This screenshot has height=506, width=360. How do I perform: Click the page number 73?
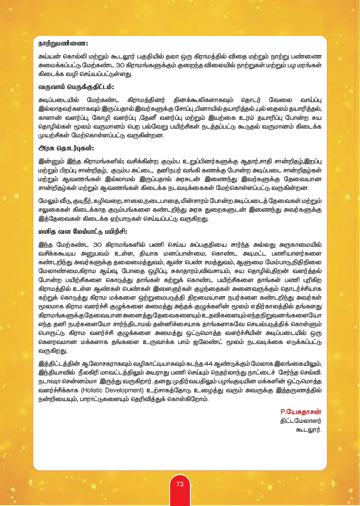pos(180,484)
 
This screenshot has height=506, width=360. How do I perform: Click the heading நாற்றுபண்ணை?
pos(63,44)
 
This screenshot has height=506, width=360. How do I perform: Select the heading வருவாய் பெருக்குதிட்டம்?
pos(76,87)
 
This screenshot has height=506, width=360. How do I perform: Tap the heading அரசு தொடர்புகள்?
pos(66,148)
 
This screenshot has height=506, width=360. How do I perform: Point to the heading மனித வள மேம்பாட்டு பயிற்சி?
pos(83,232)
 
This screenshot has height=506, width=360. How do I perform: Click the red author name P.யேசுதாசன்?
pos(301,412)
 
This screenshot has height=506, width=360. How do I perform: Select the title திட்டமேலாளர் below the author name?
pos(301,421)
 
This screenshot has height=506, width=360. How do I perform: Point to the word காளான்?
pos(50,118)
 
